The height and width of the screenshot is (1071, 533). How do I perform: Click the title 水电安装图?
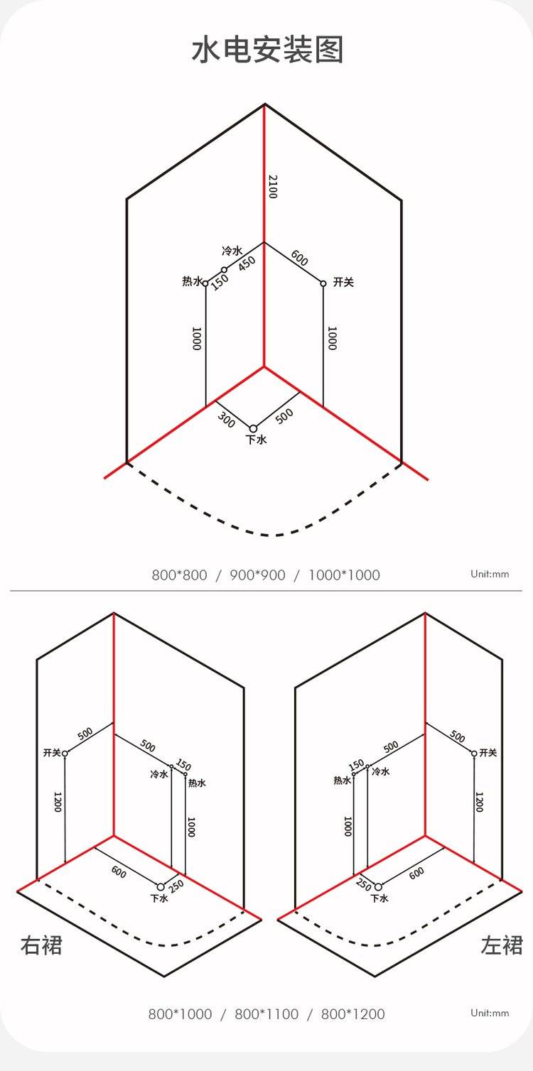click(267, 50)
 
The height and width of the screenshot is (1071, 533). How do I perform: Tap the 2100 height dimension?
click(273, 187)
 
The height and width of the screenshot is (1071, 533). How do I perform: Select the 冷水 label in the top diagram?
click(232, 251)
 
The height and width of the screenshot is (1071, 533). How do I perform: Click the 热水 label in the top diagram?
click(193, 281)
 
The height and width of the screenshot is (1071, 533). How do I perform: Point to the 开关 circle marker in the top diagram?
click(323, 283)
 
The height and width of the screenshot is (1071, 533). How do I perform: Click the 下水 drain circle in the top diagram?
click(253, 428)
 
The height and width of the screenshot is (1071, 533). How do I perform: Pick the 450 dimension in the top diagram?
click(247, 263)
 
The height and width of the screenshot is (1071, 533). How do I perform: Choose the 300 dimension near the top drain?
click(226, 419)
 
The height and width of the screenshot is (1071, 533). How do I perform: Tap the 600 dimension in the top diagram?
click(299, 259)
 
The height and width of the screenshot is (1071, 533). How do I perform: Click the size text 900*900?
click(257, 575)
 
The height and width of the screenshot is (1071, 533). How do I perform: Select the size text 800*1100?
click(266, 1013)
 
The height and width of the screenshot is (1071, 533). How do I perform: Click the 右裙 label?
click(41, 945)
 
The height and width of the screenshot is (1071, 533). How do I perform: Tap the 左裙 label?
click(502, 945)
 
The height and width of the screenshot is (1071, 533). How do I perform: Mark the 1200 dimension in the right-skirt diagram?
click(58, 802)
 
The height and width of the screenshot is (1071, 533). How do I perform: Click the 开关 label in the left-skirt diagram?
click(488, 753)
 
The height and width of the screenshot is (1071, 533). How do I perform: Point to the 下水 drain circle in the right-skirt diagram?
click(161, 887)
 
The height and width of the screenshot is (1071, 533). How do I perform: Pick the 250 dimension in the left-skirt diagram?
click(364, 884)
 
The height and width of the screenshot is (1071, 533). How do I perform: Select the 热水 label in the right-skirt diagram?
click(197, 783)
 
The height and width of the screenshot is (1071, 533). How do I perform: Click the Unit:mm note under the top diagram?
click(490, 574)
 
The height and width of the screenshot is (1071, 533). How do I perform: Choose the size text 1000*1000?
click(344, 575)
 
